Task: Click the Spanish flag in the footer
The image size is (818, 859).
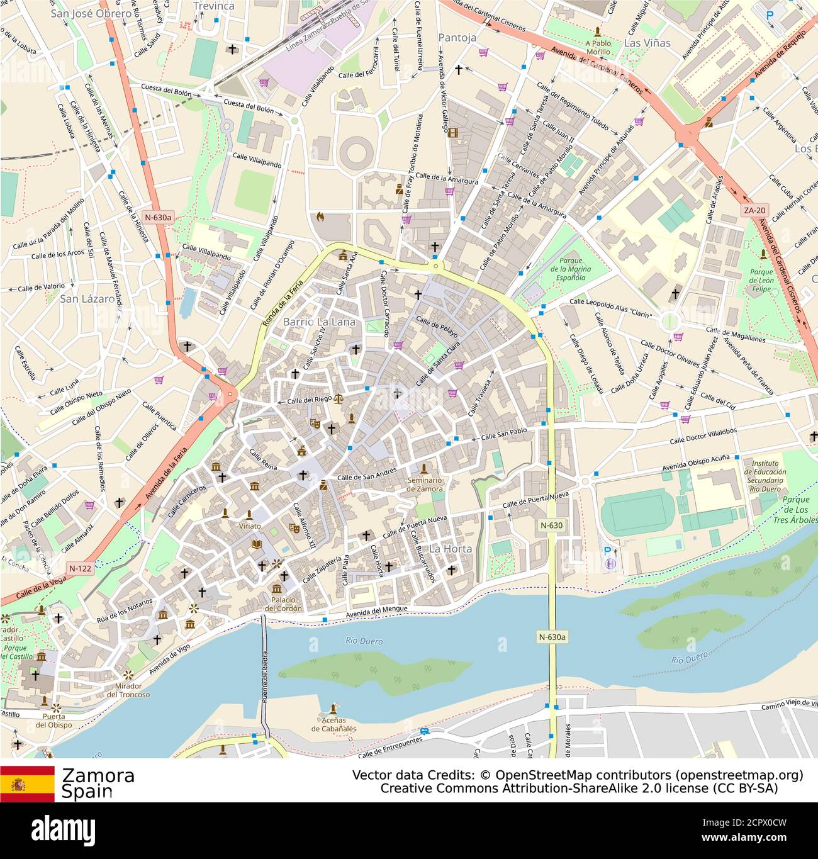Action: [x=27, y=783]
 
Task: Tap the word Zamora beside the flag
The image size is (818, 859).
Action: [x=98, y=775]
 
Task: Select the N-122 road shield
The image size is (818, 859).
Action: [x=80, y=568]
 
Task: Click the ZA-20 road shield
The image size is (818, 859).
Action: [x=754, y=211]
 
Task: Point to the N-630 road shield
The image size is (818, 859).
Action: [x=551, y=525]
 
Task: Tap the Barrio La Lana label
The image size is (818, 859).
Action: [x=319, y=322]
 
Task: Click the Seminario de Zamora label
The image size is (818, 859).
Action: [x=425, y=484]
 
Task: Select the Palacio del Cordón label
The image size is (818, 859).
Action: [x=283, y=604]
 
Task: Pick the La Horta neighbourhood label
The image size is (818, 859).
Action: [x=451, y=548]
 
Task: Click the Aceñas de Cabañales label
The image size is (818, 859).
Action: [x=333, y=724]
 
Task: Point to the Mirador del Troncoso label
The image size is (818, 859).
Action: [x=128, y=690]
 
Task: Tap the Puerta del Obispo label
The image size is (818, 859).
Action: [x=53, y=720]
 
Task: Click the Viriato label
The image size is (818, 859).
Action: [x=250, y=525]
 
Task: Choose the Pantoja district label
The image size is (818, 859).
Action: [x=457, y=37]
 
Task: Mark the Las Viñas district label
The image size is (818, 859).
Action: [x=647, y=43]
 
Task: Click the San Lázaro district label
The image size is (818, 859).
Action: [x=87, y=299]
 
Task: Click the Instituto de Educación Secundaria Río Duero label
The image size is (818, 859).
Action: [x=765, y=475]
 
